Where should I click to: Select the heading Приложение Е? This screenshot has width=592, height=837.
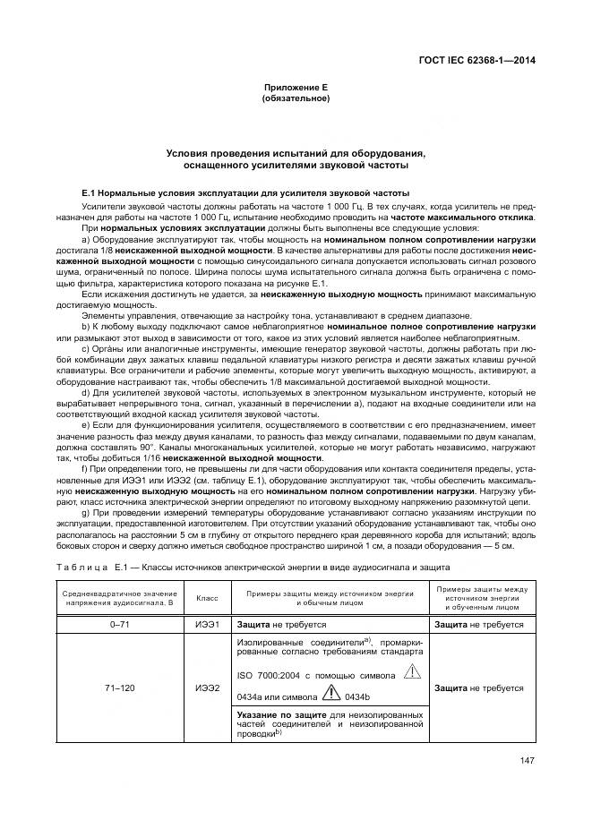(296, 87)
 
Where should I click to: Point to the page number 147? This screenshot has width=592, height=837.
(526, 763)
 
